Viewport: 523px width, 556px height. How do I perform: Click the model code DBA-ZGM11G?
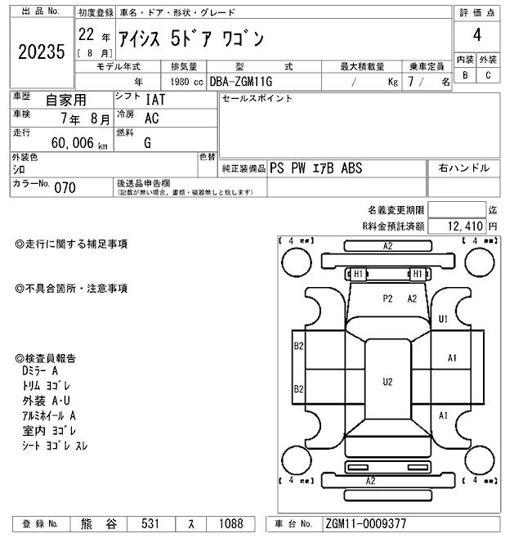click(241, 82)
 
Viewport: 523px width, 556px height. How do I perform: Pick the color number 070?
click(65, 188)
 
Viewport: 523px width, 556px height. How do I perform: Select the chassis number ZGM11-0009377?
click(366, 524)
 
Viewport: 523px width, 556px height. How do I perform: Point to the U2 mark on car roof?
click(387, 382)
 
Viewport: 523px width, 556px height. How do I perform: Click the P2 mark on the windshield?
click(388, 298)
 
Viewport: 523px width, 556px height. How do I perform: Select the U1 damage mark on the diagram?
click(444, 319)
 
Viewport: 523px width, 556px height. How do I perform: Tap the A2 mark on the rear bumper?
click(370, 481)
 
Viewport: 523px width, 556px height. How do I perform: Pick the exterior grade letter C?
click(488, 75)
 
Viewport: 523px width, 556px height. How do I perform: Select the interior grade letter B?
click(465, 75)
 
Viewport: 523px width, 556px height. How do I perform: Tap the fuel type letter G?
click(148, 142)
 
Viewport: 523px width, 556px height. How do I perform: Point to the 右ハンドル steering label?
click(463, 168)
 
